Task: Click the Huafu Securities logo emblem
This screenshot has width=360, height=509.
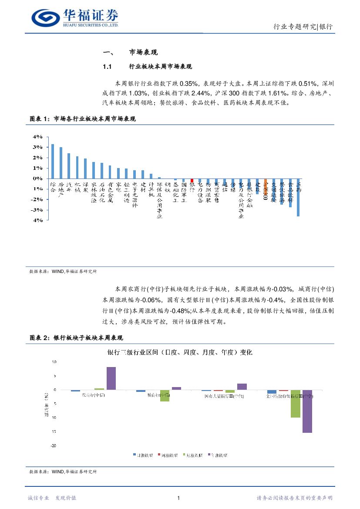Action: (46, 18)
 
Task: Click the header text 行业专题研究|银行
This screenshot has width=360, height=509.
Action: (303, 27)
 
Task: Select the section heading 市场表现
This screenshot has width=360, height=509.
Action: (144, 53)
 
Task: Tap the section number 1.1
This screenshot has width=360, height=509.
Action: (108, 67)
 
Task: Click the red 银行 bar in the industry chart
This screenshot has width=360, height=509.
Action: (192, 180)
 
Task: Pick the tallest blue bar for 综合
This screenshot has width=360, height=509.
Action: (53, 161)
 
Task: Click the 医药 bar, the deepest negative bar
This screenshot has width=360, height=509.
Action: (298, 197)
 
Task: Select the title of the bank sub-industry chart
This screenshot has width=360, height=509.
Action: (180, 352)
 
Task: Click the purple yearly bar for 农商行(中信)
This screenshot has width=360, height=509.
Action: (111, 378)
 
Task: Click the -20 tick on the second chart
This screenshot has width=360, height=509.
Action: (53, 446)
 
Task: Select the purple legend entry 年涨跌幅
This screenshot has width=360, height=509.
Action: (218, 455)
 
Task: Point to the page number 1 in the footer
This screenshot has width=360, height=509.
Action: (179, 498)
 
